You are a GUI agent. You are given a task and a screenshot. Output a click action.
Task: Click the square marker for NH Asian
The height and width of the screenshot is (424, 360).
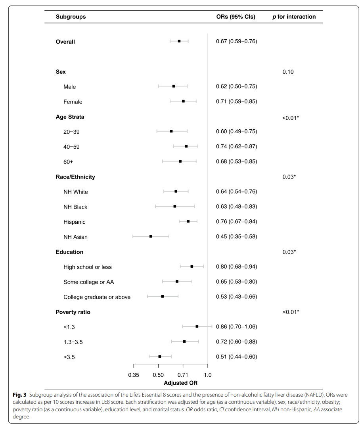pyautogui.click(x=151, y=236)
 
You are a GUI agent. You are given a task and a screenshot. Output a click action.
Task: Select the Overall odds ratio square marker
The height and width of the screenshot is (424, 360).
pyautogui.click(x=179, y=41)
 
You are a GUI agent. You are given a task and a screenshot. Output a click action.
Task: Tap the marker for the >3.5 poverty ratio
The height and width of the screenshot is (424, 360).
pyautogui.click(x=160, y=357)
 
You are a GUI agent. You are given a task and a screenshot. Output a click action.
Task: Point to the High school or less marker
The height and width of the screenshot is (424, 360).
pyautogui.click(x=192, y=267)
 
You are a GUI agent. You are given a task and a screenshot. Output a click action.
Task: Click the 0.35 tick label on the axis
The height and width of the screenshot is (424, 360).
pyautogui.click(x=134, y=374)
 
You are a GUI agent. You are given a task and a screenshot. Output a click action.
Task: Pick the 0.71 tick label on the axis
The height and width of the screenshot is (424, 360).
pyautogui.click(x=183, y=374)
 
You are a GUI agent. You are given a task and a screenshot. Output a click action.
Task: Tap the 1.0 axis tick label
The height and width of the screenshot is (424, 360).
pyautogui.click(x=208, y=374)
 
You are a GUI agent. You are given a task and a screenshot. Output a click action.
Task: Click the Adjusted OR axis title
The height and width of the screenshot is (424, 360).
pyautogui.click(x=180, y=383)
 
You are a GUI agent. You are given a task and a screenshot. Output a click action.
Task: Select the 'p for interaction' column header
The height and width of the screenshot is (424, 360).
pyautogui.click(x=294, y=17)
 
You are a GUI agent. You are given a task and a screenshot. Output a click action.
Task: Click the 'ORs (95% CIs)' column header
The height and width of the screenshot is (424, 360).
pyautogui.click(x=236, y=17)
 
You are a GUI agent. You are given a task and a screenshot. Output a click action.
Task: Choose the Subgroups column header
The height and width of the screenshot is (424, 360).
pyautogui.click(x=71, y=17)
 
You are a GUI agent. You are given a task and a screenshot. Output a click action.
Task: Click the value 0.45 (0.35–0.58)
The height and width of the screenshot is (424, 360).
pyautogui.click(x=236, y=237)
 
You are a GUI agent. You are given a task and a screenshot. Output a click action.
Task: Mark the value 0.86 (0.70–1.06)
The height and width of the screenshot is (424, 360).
pyautogui.click(x=236, y=327)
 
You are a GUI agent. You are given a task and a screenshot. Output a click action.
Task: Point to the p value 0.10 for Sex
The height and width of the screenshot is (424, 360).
pyautogui.click(x=288, y=72)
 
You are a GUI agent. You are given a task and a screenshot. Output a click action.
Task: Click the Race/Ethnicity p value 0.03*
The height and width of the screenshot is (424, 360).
pyautogui.click(x=289, y=177)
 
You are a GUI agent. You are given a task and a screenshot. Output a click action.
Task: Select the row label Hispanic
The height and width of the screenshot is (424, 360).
pyautogui.click(x=74, y=222)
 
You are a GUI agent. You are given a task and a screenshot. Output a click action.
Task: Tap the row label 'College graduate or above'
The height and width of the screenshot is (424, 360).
pyautogui.click(x=97, y=297)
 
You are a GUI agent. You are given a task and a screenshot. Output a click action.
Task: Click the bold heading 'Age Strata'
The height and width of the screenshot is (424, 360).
pyautogui.click(x=70, y=117)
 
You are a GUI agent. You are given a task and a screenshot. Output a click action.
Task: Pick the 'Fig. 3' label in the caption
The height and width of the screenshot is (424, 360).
pyautogui.click(x=19, y=395)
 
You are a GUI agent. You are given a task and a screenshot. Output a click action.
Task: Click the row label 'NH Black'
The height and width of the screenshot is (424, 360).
pyautogui.click(x=75, y=207)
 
